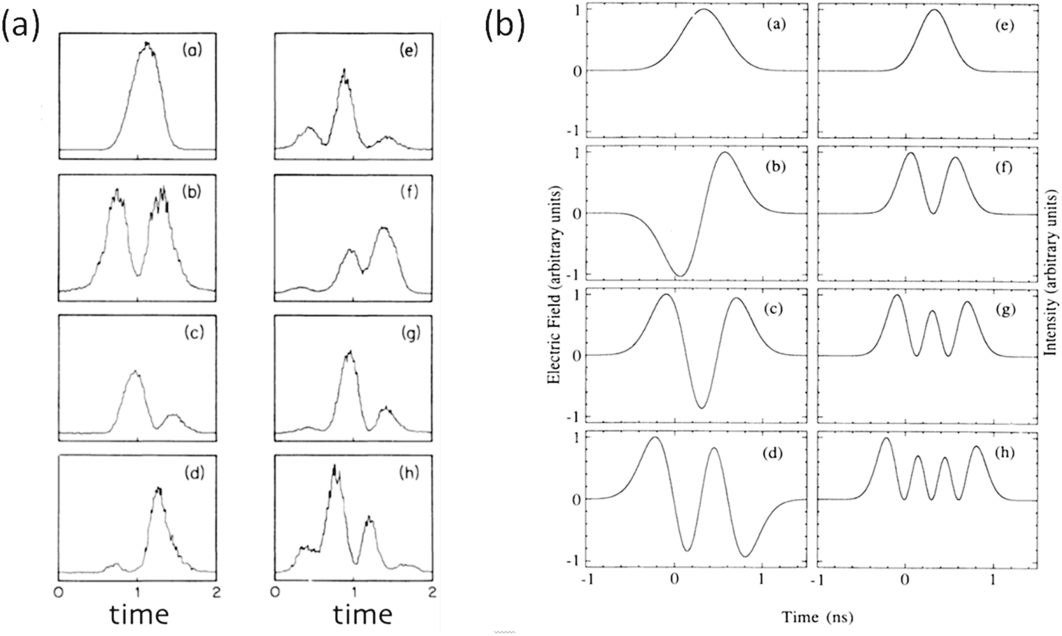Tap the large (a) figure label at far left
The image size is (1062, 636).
(x=21, y=27)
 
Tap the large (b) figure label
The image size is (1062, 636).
(x=505, y=27)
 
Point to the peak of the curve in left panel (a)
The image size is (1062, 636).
(x=148, y=44)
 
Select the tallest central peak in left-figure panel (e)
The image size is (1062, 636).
(x=344, y=71)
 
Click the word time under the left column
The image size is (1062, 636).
(x=139, y=614)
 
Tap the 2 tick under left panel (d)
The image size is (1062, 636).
(x=216, y=591)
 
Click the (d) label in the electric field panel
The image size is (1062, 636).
(x=774, y=452)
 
